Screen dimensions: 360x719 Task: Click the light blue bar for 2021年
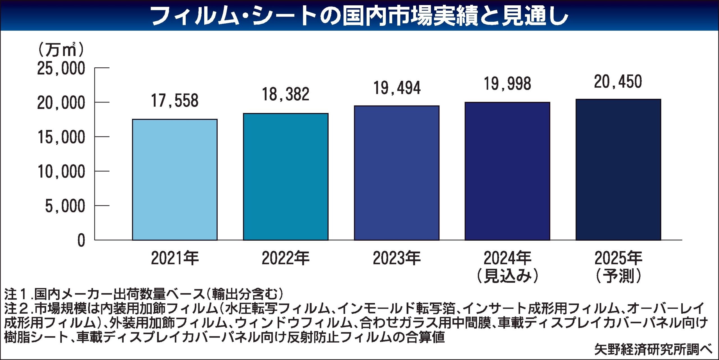(x=175, y=180)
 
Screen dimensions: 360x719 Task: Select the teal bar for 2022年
(x=286, y=177)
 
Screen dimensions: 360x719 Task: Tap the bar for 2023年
(x=397, y=173)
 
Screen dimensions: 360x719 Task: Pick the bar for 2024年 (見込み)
(x=507, y=171)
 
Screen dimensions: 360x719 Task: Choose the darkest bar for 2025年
(x=618, y=170)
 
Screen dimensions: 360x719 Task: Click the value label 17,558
(x=175, y=101)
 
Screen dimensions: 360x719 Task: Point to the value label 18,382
(x=286, y=94)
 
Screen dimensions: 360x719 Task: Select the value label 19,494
(x=397, y=88)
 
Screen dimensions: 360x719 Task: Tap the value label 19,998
(x=507, y=84)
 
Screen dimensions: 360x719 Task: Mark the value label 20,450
(x=618, y=82)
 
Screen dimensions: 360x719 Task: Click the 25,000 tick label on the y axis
(x=61, y=68)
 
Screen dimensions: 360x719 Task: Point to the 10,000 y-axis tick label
(x=61, y=172)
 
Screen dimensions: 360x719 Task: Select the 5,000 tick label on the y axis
(x=65, y=206)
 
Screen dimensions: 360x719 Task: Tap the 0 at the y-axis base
(x=81, y=241)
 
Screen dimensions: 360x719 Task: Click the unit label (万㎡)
(x=61, y=50)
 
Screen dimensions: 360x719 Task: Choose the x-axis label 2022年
(x=286, y=258)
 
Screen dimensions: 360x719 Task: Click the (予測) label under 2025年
(x=618, y=276)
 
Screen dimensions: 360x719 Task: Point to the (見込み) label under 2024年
(x=508, y=276)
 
